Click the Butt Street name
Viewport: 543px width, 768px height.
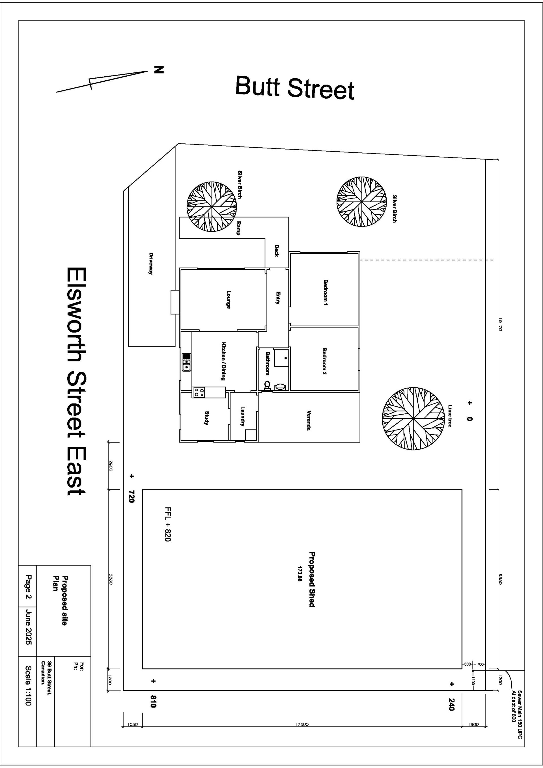(x=295, y=88)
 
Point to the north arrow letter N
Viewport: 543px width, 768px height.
(x=159, y=70)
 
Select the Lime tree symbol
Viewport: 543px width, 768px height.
(x=413, y=418)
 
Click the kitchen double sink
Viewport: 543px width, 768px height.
(x=186, y=362)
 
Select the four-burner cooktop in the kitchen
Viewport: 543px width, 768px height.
(x=199, y=392)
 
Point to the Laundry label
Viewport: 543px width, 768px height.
(x=243, y=416)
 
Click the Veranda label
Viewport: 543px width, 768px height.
(x=309, y=420)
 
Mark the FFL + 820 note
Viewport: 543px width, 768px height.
(x=168, y=525)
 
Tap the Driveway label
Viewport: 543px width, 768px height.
(x=151, y=263)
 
